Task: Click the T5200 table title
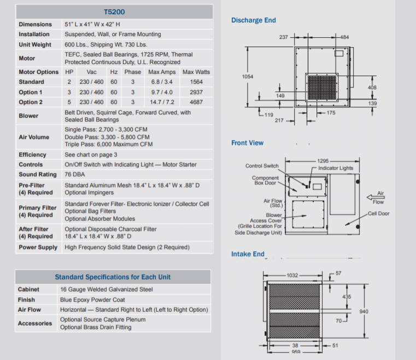point(114,12)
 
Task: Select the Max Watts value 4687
point(196,102)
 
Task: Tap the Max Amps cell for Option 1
point(162,92)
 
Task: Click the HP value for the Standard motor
point(69,82)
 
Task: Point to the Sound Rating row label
point(38,175)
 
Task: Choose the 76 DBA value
point(75,175)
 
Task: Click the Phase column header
point(133,72)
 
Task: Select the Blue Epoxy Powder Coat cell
point(92,300)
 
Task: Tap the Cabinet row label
point(28,289)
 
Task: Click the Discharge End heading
point(253,20)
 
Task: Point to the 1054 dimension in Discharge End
point(248,77)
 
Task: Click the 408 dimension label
point(372,88)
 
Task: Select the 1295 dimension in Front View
point(323,161)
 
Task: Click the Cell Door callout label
point(379,213)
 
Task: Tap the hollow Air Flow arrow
point(376,198)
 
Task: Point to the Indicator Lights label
point(336,168)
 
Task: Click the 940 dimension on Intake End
point(364,311)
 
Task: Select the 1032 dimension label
point(292,275)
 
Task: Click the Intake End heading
point(248,254)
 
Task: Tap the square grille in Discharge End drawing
point(322,88)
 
